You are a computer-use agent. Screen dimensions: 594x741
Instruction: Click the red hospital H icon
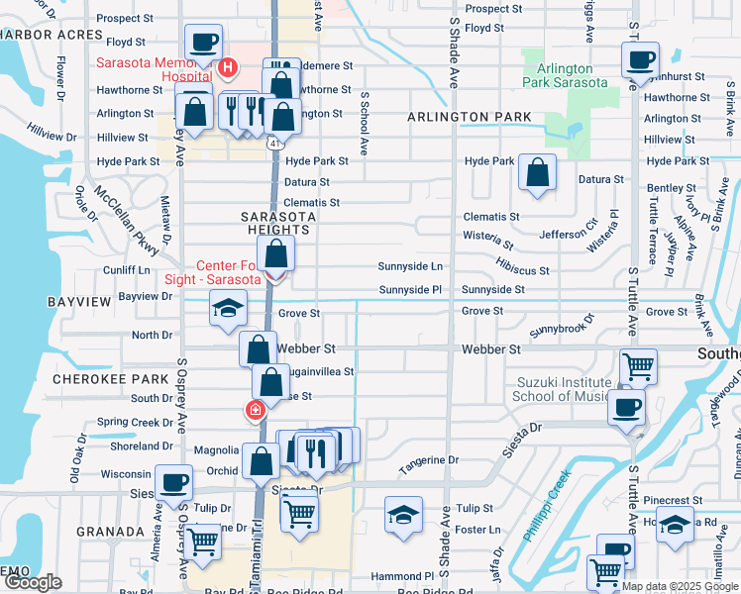coord(228,68)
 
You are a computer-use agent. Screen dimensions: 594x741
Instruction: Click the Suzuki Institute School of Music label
coord(562,389)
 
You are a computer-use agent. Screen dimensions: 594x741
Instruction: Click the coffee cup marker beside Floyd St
coord(204,43)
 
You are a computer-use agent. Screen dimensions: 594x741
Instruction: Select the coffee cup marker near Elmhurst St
coord(640,59)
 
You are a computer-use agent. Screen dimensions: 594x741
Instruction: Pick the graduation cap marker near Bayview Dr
coord(228,308)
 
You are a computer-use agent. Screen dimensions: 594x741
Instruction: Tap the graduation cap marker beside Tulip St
coord(403,515)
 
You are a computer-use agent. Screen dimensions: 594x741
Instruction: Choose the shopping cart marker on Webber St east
coord(638,366)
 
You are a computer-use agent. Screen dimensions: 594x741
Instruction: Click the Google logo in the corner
coord(33,581)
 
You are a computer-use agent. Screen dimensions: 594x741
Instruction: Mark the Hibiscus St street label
coord(522,269)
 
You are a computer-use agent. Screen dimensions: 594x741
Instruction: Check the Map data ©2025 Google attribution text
coord(679,586)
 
